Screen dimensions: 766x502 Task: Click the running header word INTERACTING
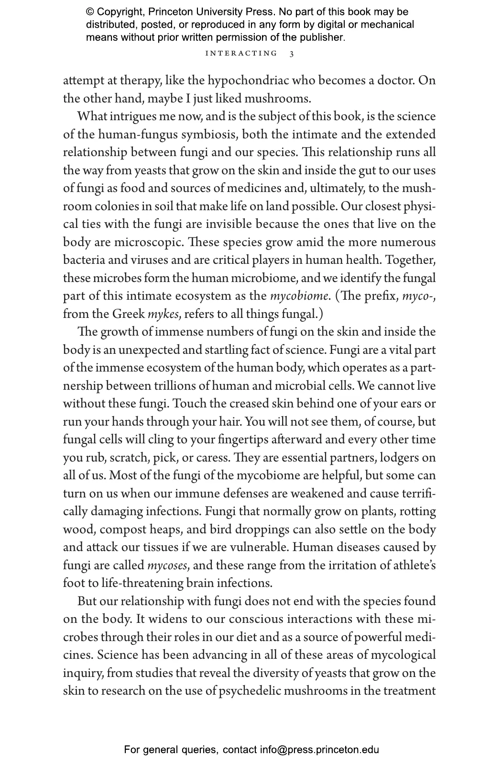(241, 53)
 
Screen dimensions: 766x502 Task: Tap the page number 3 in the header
(292, 54)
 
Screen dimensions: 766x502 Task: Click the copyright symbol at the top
(89, 12)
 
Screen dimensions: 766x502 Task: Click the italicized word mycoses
(167, 565)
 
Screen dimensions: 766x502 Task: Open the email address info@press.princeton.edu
(319, 750)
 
